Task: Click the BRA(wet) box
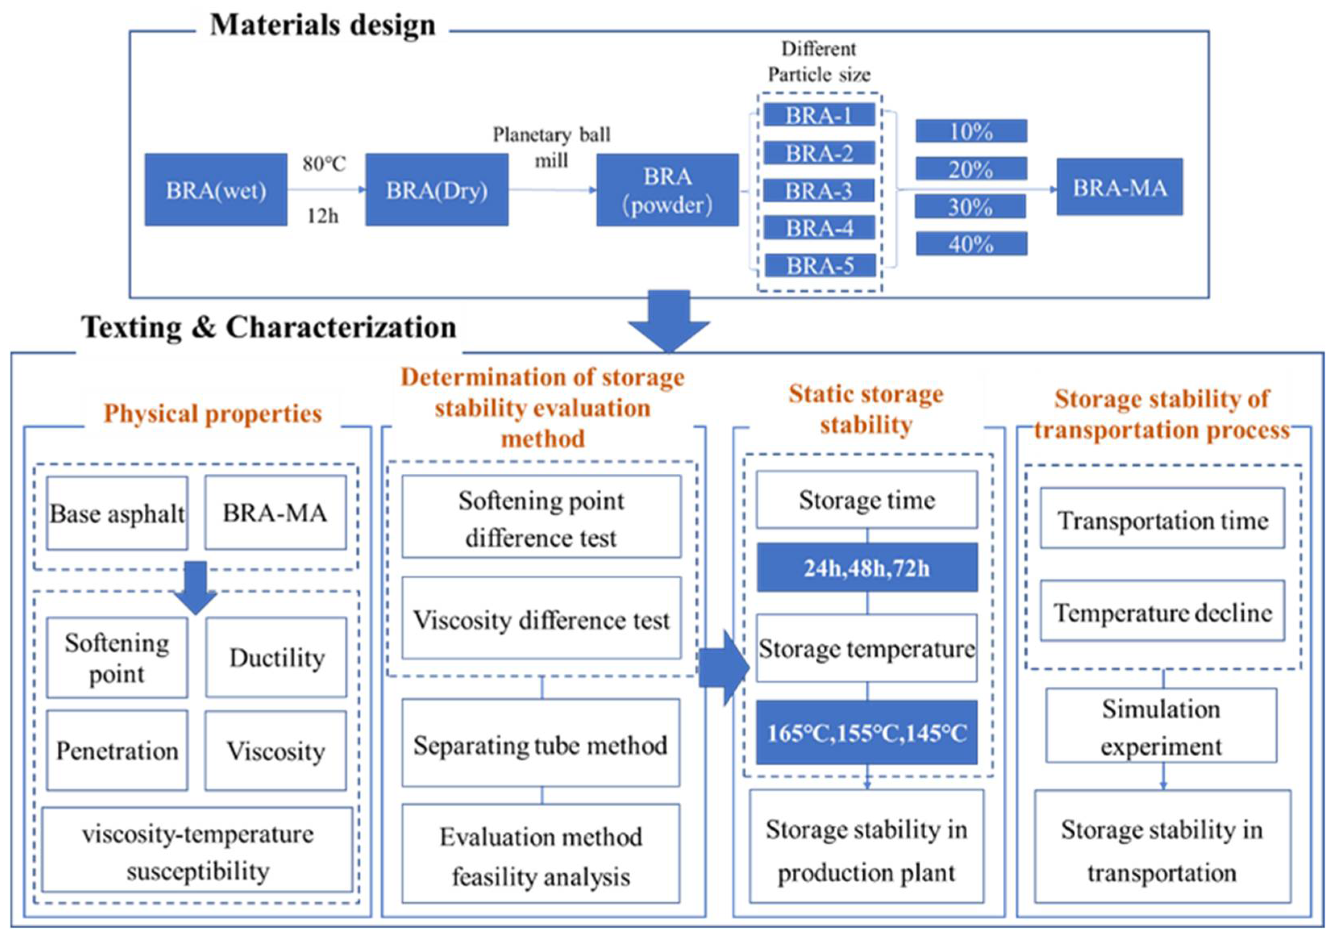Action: pyautogui.click(x=216, y=190)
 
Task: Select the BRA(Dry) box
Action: pyautogui.click(x=436, y=190)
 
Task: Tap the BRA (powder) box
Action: pyautogui.click(x=667, y=190)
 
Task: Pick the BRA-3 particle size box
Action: pyautogui.click(x=819, y=191)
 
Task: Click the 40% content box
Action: pyautogui.click(x=971, y=244)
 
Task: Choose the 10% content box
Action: pyautogui.click(x=971, y=131)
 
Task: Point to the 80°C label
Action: pyautogui.click(x=324, y=164)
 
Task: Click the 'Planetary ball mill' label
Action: pyautogui.click(x=551, y=147)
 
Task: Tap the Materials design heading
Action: pyautogui.click(x=322, y=25)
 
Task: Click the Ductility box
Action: pyautogui.click(x=276, y=658)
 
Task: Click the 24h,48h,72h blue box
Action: pyautogui.click(x=866, y=567)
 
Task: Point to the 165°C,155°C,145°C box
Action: pyautogui.click(x=866, y=733)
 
